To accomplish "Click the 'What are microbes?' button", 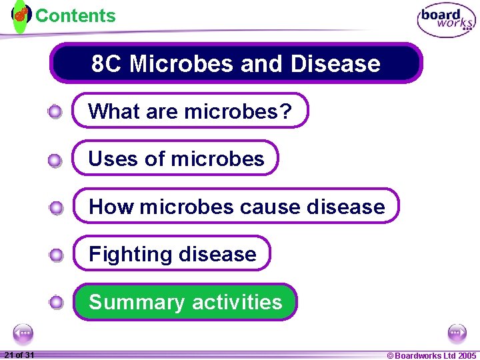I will pos(190,111).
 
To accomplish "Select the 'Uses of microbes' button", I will pos(175,159).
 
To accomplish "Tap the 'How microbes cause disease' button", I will pos(236,207).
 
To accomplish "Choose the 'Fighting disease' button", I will pos(172,254).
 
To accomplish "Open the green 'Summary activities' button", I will pos(185,302).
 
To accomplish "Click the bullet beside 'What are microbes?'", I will pos(56,112).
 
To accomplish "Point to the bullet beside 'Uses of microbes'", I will pos(56,160).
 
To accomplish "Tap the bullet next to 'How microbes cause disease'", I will pos(56,208).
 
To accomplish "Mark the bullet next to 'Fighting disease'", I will pos(56,255).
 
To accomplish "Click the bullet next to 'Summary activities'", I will pos(56,303).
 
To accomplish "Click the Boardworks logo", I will pos(446,21).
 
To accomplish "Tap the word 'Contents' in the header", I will pos(75,15).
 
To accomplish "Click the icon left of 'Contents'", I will pos(21,15).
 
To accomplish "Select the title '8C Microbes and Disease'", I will pos(236,64).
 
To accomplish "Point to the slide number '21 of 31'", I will pos(19,355).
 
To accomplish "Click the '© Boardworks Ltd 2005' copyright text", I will pos(431,355).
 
